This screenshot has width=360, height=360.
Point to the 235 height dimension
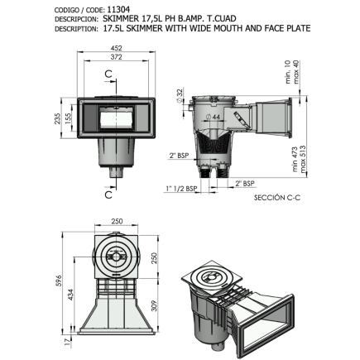click(70, 122)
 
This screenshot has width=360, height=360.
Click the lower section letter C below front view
click(109, 195)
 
